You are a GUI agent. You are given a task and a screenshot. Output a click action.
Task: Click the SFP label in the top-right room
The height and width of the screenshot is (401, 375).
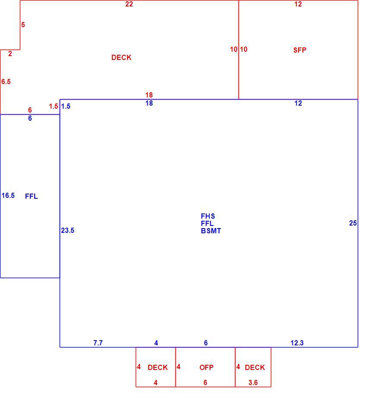coord(300,50)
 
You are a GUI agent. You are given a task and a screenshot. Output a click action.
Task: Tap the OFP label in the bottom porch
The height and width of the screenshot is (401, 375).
coord(207,367)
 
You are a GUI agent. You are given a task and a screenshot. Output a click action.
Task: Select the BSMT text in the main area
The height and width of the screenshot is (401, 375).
coord(211,231)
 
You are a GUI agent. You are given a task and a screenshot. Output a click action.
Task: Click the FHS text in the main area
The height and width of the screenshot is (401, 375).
coord(208,216)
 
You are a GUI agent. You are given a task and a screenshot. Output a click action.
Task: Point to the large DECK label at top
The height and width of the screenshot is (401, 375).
coord(121,57)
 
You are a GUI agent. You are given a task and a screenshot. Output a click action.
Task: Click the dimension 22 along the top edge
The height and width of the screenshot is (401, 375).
coord(129,4)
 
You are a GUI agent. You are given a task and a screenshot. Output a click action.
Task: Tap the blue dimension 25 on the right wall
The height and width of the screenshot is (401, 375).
coord(353,223)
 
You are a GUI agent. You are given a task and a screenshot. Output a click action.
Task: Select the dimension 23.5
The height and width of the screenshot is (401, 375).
coord(68,230)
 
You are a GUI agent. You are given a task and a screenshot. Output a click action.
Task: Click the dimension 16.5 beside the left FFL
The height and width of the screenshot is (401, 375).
coord(8,196)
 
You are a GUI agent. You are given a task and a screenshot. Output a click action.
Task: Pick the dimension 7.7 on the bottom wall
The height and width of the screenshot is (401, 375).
coord(98,343)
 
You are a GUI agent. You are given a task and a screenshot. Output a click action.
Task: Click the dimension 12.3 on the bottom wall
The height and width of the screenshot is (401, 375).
coord(297,343)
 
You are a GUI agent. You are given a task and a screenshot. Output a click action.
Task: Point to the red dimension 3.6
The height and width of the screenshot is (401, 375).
coord(253,382)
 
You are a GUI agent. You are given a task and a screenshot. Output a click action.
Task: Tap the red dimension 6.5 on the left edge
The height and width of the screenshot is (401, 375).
coord(6,81)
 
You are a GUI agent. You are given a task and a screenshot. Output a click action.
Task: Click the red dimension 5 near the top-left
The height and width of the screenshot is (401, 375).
coord(23,25)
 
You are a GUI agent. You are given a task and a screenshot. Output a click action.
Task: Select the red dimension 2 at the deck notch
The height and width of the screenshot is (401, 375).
coord(10,54)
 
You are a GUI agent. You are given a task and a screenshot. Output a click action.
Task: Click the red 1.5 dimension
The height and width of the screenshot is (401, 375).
coord(54,107)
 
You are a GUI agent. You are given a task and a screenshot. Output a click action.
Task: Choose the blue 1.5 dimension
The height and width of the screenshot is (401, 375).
coord(66,107)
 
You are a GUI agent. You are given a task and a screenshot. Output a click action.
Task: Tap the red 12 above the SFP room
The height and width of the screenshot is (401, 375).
coord(298,4)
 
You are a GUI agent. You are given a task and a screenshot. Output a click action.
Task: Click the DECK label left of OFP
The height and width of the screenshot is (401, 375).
coord(158,367)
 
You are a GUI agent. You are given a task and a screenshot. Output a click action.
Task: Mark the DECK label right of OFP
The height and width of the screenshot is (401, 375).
coord(255,367)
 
